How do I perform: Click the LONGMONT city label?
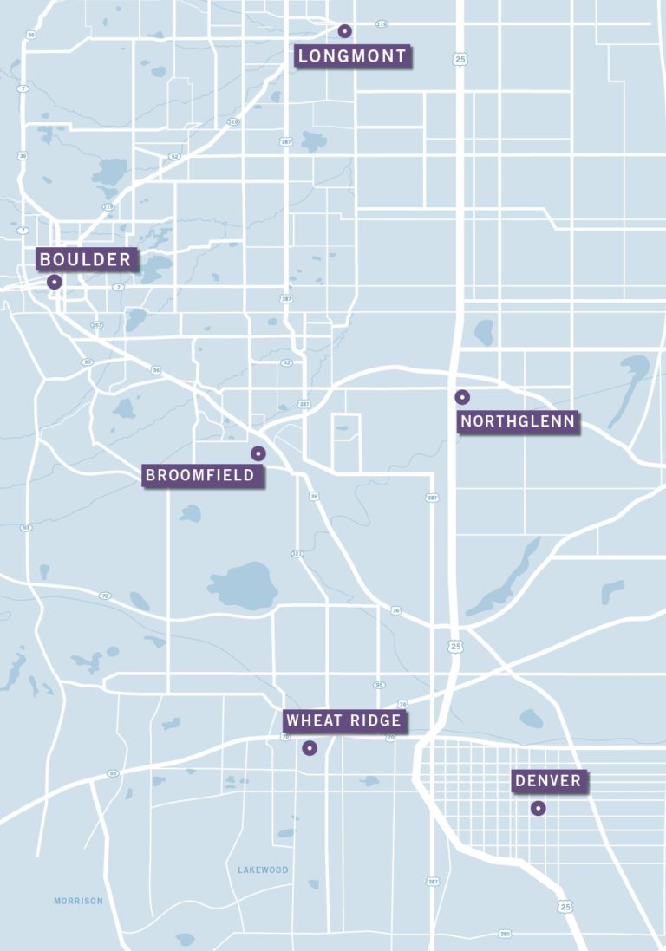click(x=351, y=57)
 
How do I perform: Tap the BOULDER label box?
click(x=85, y=259)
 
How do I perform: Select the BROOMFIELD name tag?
click(x=200, y=475)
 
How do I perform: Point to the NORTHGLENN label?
click(x=518, y=422)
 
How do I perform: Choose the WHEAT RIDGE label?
click(x=343, y=720)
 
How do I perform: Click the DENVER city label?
click(x=548, y=781)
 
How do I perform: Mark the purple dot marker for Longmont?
click(x=344, y=31)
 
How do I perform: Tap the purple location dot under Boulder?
click(x=54, y=282)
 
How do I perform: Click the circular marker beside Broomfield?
click(x=258, y=453)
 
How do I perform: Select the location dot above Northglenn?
click(x=462, y=397)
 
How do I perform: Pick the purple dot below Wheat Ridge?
click(x=310, y=747)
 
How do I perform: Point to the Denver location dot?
click(x=538, y=808)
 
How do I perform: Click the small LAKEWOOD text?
click(x=263, y=870)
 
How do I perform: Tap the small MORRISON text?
click(x=78, y=901)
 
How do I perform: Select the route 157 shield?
click(x=97, y=325)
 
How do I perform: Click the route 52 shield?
click(x=174, y=157)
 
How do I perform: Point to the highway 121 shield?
click(x=297, y=553)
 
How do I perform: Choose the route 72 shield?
click(x=105, y=596)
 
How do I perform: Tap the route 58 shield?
click(x=112, y=772)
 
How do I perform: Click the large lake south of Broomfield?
click(x=243, y=586)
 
